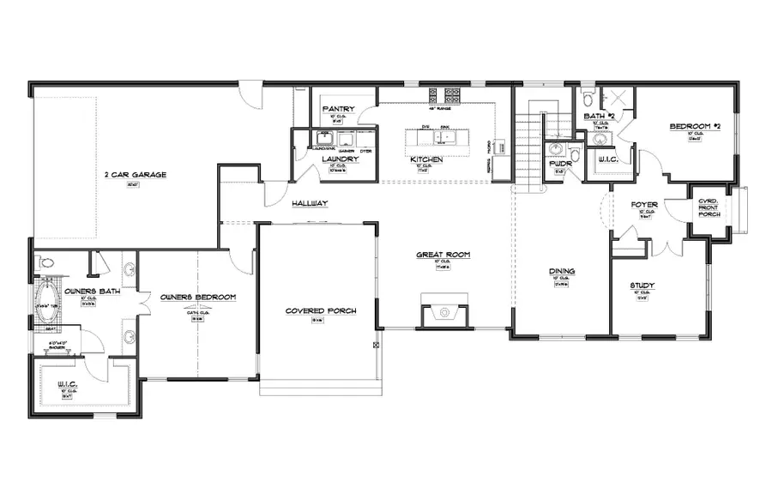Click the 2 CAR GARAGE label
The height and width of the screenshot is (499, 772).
coord(135,175)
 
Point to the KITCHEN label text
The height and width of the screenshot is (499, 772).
coord(425,160)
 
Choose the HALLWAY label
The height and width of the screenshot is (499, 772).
coord(310,203)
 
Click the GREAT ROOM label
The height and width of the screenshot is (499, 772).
coord(443,255)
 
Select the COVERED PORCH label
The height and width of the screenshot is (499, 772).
coord(321,310)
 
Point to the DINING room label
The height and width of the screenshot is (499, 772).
coord(562,272)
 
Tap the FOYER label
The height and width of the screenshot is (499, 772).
coord(643,205)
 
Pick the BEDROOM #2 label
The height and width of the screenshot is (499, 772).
coord(691,127)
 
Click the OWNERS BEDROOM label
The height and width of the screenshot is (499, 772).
coord(198,298)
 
